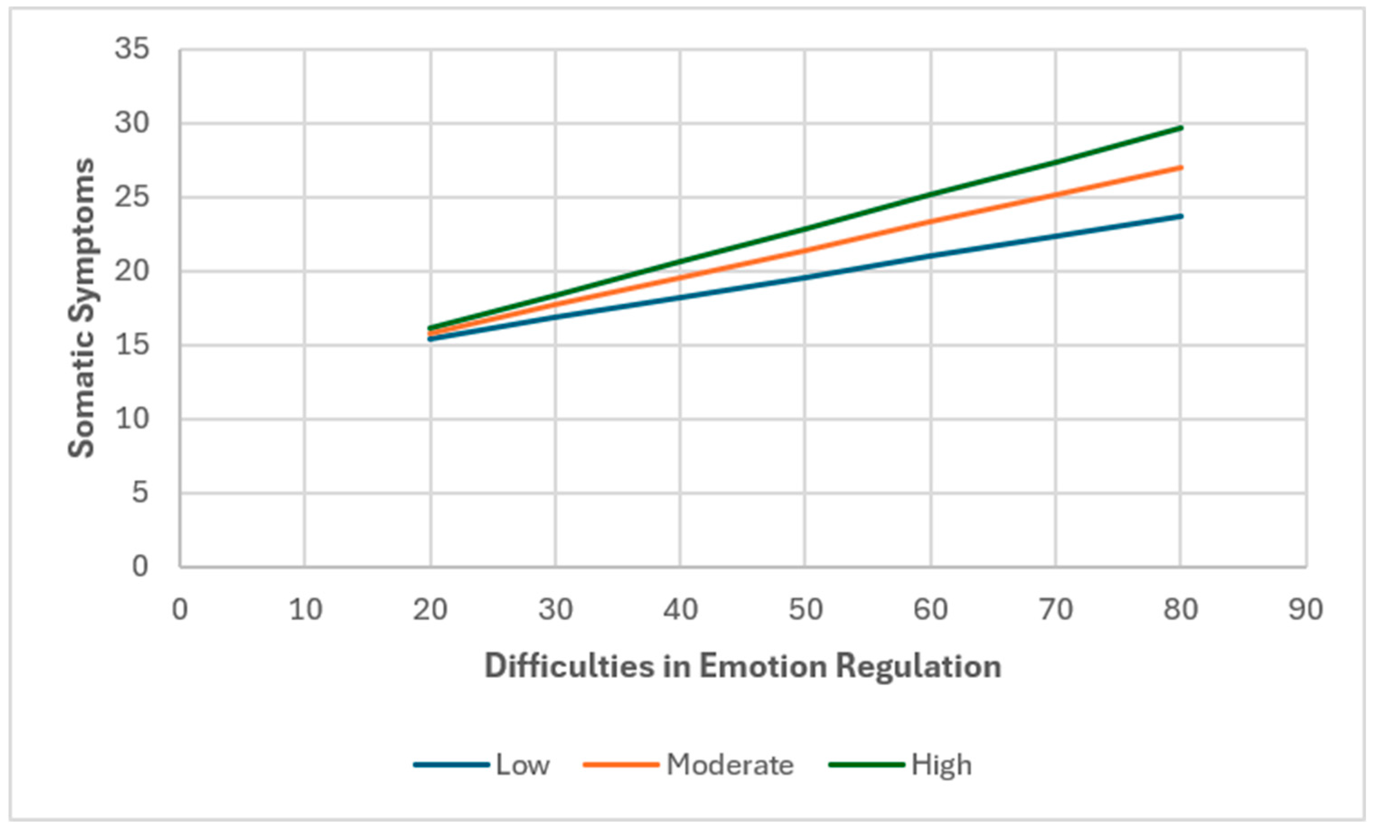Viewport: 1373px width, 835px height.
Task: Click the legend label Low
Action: click(523, 765)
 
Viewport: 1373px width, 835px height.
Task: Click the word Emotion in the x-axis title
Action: click(763, 666)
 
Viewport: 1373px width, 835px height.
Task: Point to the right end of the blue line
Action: click(1180, 216)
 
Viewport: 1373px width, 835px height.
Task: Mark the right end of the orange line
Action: click(1180, 167)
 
